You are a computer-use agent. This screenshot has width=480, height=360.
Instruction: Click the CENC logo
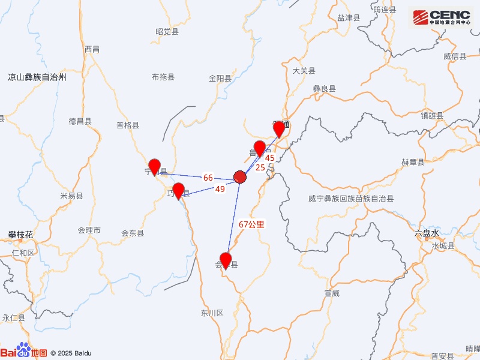[443, 16]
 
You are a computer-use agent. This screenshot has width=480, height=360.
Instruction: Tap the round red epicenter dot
[240, 177]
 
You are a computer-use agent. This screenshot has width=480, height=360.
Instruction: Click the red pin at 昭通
[279, 128]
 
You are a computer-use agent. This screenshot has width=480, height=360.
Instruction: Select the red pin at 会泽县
[226, 260]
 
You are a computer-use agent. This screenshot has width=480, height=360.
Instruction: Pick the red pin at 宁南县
[155, 166]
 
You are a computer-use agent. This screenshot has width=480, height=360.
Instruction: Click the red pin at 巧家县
[178, 191]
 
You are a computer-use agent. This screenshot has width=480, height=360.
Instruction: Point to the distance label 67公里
[251, 224]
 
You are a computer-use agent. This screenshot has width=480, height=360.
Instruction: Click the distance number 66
[208, 178]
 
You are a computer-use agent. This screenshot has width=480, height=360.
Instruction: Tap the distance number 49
[220, 189]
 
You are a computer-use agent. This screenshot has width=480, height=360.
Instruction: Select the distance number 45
[270, 158]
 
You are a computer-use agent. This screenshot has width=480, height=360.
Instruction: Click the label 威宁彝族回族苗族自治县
[351, 198]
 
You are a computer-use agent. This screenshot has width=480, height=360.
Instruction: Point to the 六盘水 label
[427, 233]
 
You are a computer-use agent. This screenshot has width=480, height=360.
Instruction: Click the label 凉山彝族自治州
[37, 77]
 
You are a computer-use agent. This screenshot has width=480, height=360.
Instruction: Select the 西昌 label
[92, 49]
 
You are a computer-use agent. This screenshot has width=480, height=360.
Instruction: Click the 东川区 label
[212, 313]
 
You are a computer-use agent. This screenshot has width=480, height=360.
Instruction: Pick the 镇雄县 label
[432, 115]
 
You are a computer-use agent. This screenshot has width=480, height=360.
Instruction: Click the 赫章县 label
[413, 162]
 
